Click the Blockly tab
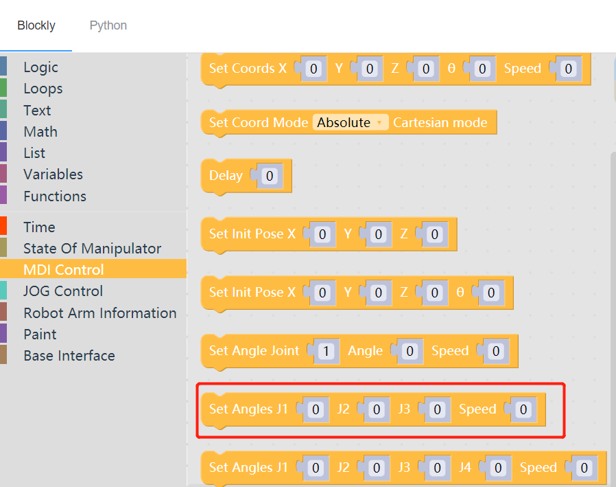pyautogui.click(x=36, y=25)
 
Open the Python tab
pyautogui.click(x=108, y=25)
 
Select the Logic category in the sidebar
pyautogui.click(x=40, y=67)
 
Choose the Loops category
pyautogui.click(x=43, y=89)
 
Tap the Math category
pyautogui.click(x=40, y=132)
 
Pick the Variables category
pyautogui.click(x=53, y=174)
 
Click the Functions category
pyautogui.click(x=55, y=196)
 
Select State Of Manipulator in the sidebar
pyautogui.click(x=92, y=249)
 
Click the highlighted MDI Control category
pyautogui.click(x=63, y=270)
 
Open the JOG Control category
pyautogui.click(x=63, y=291)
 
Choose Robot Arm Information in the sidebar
pyautogui.click(x=99, y=313)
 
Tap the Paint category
pyautogui.click(x=40, y=335)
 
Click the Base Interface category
pyautogui.click(x=69, y=356)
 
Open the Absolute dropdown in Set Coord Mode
pyautogui.click(x=350, y=123)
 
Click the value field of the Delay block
pyautogui.click(x=270, y=176)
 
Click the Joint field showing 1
pyautogui.click(x=327, y=352)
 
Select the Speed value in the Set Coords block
pyautogui.click(x=568, y=69)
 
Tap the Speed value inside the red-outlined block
pyautogui.click(x=523, y=410)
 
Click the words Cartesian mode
pyautogui.click(x=440, y=123)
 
